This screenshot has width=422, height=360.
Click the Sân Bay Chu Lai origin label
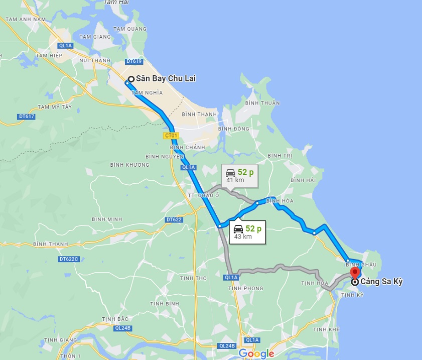[x=166, y=79]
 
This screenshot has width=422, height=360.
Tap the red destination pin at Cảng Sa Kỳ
[x=355, y=273]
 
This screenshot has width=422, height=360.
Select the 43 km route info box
[x=247, y=232]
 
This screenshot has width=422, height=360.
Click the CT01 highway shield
[x=171, y=136]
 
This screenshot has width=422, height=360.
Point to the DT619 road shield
[x=134, y=61]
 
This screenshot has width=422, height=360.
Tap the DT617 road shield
[x=26, y=116]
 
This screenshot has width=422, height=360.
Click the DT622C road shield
[x=68, y=259]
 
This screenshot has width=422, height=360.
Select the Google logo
[x=256, y=353]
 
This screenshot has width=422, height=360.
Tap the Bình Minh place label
[x=107, y=219]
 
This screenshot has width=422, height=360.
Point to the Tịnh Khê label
[x=326, y=329]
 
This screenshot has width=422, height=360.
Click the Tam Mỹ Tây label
[x=54, y=107]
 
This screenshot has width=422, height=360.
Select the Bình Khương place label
[x=129, y=165]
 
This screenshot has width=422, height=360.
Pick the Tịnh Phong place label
[x=245, y=288]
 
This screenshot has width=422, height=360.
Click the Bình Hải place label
[x=303, y=180]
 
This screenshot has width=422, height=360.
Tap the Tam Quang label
[x=129, y=29]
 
